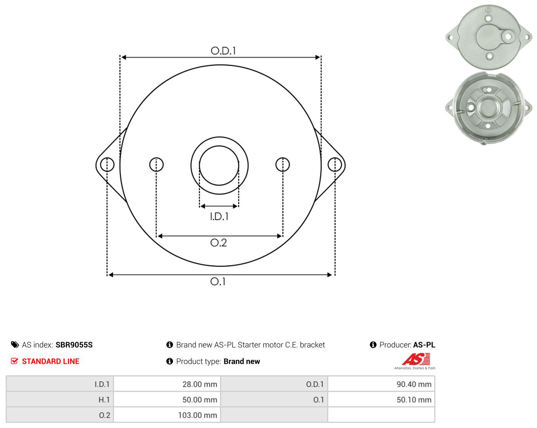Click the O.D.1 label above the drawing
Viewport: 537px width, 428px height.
pyautogui.click(x=223, y=51)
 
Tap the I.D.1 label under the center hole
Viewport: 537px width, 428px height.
pyautogui.click(x=219, y=216)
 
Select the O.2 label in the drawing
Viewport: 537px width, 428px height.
pyautogui.click(x=219, y=243)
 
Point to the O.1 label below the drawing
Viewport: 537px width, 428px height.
pyautogui.click(x=218, y=281)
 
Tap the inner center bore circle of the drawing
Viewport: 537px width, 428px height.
pyautogui.click(x=219, y=146)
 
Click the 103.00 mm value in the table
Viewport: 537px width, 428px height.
pyautogui.click(x=197, y=415)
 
